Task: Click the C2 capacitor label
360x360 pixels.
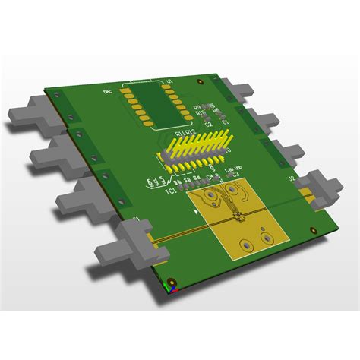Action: coord(208,123)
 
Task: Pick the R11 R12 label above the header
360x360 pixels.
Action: coord(186,134)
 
